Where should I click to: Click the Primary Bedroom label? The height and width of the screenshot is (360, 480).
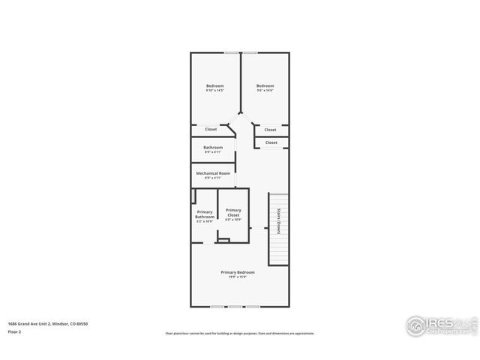tap(237, 271)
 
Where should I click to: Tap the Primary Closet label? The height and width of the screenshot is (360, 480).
tap(233, 212)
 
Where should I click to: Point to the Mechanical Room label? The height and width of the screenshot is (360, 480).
tap(213, 173)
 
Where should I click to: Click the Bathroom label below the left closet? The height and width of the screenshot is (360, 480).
tap(213, 147)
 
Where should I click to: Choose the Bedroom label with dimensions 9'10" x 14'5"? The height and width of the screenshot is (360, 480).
tap(215, 85)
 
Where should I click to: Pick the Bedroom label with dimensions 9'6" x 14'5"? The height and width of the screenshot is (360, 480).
tap(265, 85)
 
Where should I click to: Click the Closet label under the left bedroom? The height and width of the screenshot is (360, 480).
tap(211, 129)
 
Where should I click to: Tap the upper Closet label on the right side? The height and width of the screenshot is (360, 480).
tap(271, 130)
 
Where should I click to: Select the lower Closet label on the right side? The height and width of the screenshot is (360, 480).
tap(271, 142)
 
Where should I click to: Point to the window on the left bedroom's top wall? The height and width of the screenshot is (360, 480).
tap(232, 52)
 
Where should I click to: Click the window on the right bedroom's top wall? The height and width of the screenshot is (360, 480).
tap(249, 52)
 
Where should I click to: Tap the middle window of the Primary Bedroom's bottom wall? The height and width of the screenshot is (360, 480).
tap(237, 307)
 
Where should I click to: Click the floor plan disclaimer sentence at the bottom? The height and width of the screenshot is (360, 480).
tap(239, 333)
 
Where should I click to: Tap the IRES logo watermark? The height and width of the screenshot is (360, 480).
tap(440, 325)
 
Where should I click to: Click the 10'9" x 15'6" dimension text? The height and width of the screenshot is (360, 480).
tap(237, 277)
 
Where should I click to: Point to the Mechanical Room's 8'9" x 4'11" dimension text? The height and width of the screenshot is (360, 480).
tap(213, 178)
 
